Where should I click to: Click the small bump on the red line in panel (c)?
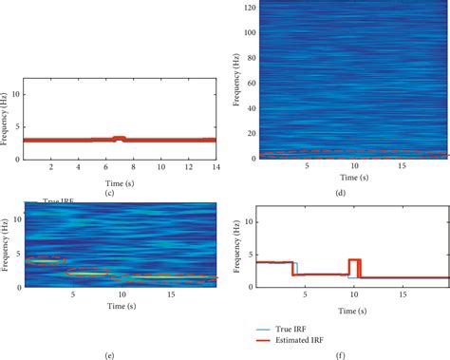[x=119, y=139]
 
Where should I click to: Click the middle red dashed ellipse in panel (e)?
[x=89, y=273]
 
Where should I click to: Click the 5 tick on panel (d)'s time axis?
[x=305, y=167]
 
